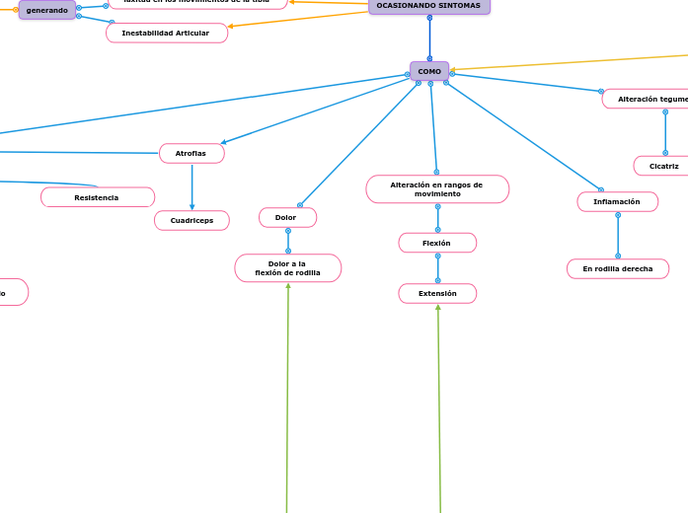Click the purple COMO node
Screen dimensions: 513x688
click(429, 71)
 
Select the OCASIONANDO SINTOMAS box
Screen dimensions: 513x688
click(428, 6)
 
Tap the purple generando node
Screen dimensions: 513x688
click(46, 10)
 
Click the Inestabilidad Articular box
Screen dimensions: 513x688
click(166, 34)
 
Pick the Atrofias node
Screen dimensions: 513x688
click(191, 153)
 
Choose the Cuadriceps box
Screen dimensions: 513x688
click(191, 220)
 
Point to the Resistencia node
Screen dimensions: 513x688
click(97, 197)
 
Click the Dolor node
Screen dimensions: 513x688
click(287, 217)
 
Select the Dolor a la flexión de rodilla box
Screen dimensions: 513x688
click(287, 268)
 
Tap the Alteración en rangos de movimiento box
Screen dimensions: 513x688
click(436, 189)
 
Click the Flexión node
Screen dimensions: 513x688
click(437, 243)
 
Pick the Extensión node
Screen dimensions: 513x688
click(437, 293)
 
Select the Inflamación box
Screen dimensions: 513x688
click(617, 201)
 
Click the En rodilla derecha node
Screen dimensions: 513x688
click(617, 268)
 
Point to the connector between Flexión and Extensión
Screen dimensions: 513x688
click(437, 267)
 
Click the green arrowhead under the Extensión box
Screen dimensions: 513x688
click(438, 308)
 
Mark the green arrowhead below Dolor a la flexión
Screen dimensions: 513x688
click(288, 287)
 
